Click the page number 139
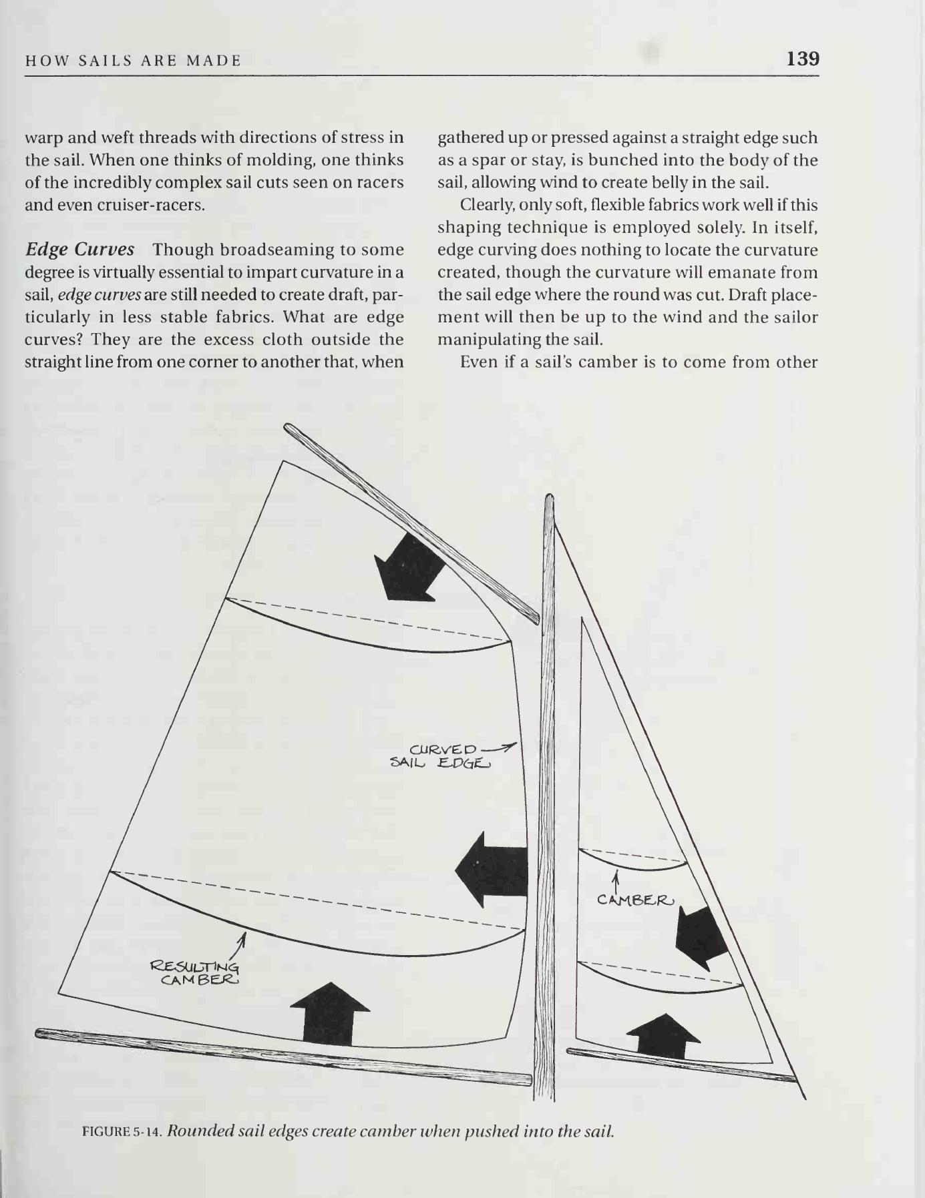803,59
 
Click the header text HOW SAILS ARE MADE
133,61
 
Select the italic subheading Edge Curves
79,250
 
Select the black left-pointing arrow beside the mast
492,869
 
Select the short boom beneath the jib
681,1063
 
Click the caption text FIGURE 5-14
122,1131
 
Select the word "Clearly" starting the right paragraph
484,205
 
